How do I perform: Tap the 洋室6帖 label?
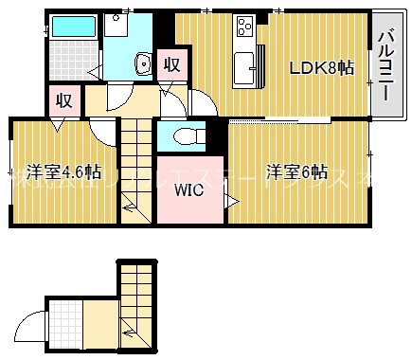click(296, 171)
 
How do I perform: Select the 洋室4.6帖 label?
click(63, 171)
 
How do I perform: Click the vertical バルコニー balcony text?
click(385, 66)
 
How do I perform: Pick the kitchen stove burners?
click(244, 26)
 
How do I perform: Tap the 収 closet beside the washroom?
click(171, 64)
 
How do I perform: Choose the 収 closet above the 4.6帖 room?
click(63, 99)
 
